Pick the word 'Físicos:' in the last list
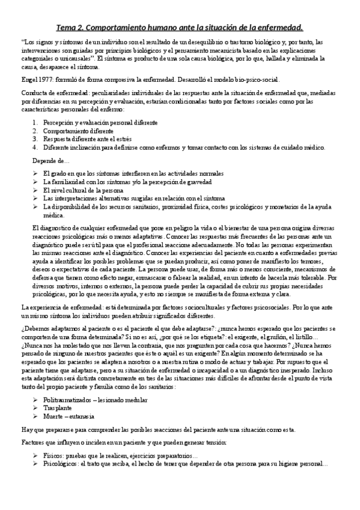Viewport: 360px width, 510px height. (54, 456)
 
